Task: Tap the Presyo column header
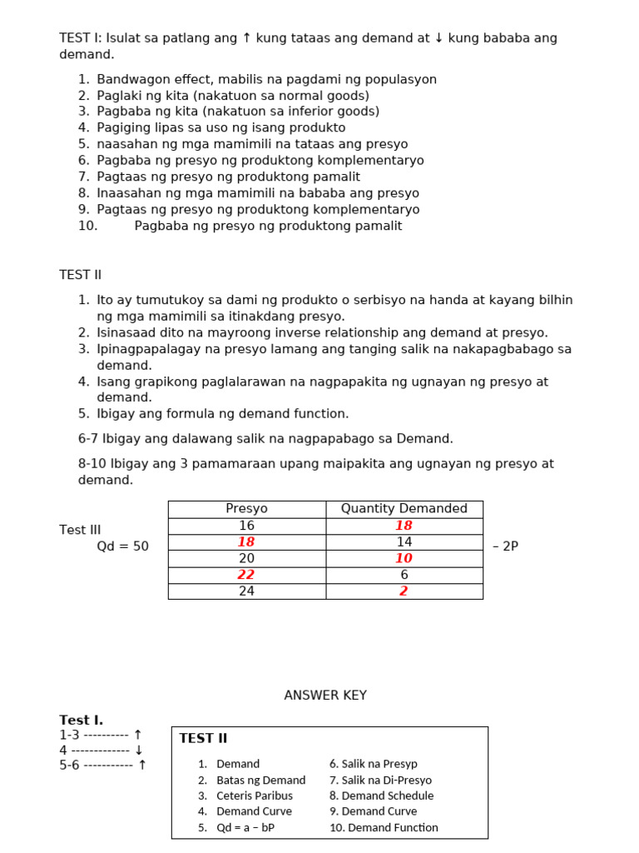pyautogui.click(x=246, y=509)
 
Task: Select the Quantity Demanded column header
pyautogui.click(x=404, y=509)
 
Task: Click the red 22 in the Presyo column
pyautogui.click(x=246, y=575)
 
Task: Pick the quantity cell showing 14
pyautogui.click(x=404, y=542)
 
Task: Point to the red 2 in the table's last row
pyautogui.click(x=404, y=591)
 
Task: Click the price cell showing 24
pyautogui.click(x=246, y=591)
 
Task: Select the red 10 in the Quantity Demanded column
pyautogui.click(x=404, y=559)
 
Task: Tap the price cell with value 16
pyautogui.click(x=246, y=526)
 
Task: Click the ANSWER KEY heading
pyautogui.click(x=325, y=696)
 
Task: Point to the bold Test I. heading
pyautogui.click(x=82, y=721)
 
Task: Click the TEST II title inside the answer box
pyautogui.click(x=203, y=739)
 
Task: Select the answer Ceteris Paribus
pyautogui.click(x=255, y=796)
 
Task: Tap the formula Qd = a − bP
pyautogui.click(x=245, y=827)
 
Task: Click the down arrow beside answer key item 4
pyautogui.click(x=139, y=751)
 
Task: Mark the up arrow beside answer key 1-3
pyautogui.click(x=138, y=736)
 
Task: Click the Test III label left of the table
pyautogui.click(x=80, y=530)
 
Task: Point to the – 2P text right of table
pyautogui.click(x=505, y=546)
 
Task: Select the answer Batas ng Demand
pyautogui.click(x=260, y=781)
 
